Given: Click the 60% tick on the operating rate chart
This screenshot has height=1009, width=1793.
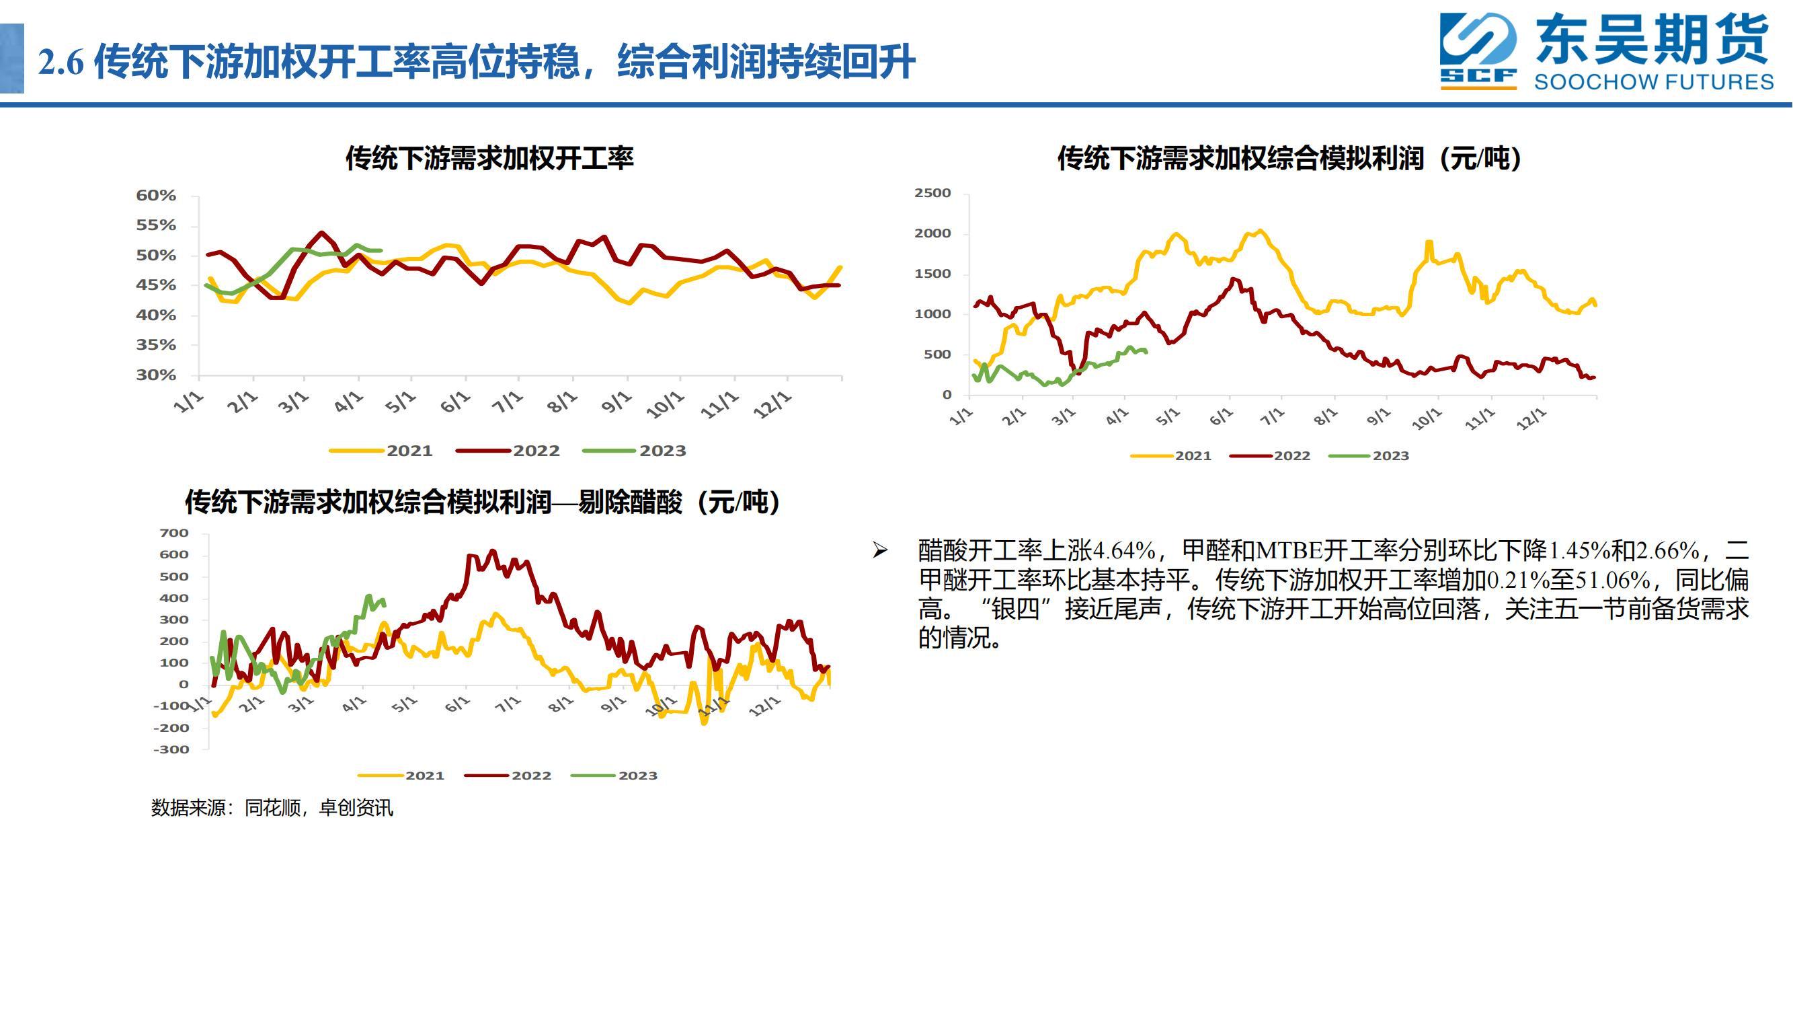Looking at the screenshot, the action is (x=156, y=196).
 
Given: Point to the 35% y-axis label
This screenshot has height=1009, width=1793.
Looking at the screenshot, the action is (x=156, y=345).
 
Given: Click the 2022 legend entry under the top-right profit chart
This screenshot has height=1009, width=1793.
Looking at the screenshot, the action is (x=1270, y=456).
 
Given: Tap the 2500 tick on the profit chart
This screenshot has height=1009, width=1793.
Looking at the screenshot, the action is (x=932, y=193).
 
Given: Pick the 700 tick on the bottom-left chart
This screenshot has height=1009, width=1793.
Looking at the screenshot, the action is (x=174, y=533).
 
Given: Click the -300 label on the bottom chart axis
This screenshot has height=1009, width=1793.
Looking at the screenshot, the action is (x=171, y=750).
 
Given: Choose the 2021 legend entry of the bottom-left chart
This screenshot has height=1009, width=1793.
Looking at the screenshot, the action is (x=401, y=776).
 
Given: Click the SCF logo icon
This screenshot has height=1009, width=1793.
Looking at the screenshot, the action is (x=1478, y=51).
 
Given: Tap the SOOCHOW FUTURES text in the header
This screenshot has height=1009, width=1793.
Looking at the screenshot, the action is (x=1654, y=81).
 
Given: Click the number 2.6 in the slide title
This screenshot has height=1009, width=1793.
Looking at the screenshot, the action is (x=61, y=63).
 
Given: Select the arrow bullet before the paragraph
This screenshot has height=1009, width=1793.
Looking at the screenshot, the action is (x=881, y=551).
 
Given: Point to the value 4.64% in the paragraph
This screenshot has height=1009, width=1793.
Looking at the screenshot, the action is (x=1124, y=551).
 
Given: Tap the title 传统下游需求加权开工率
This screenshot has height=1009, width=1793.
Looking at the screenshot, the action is (x=489, y=158).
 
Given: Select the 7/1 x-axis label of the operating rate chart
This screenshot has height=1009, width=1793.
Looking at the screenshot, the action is (x=507, y=402).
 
